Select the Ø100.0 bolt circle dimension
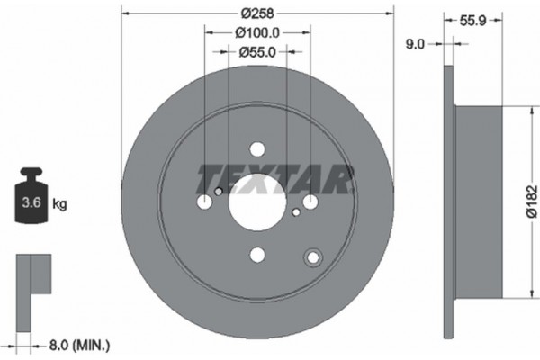pyautogui.click(x=256, y=33)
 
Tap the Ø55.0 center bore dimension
pyautogui.click(x=257, y=52)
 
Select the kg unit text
pyautogui.click(x=60, y=204)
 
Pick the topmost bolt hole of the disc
pyautogui.click(x=257, y=149)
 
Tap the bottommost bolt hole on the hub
pyautogui.click(x=257, y=256)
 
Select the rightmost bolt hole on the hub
pyautogui.click(x=310, y=202)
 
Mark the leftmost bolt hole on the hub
pyautogui.click(x=204, y=202)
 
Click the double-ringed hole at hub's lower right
pyautogui.click(x=313, y=257)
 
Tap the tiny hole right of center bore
pyautogui.click(x=296, y=212)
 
